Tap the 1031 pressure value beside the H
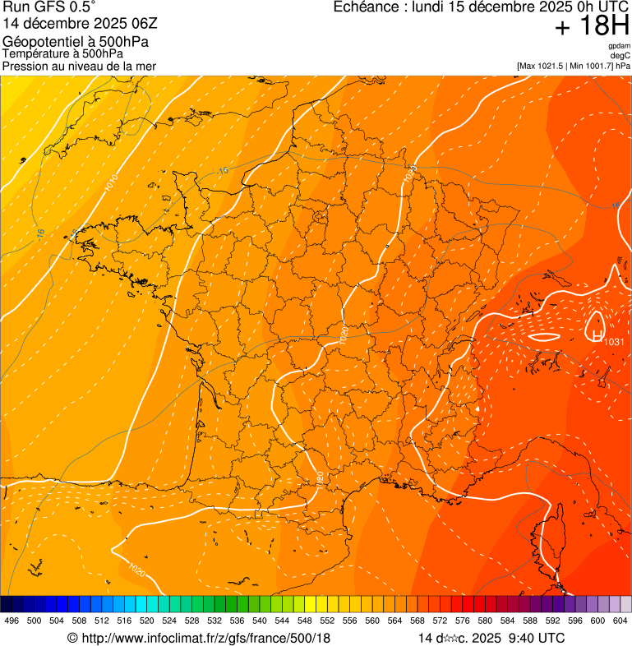click(x=616, y=342)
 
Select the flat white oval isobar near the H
click(x=543, y=336)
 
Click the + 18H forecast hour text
click(x=592, y=26)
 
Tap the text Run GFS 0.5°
click(x=48, y=7)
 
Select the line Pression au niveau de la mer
click(x=79, y=66)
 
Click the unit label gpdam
click(x=619, y=46)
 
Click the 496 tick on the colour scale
click(x=12, y=621)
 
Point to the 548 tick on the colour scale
click(x=304, y=621)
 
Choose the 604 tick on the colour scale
click(x=620, y=621)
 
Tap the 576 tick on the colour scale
click(x=462, y=621)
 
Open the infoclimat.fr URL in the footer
click(x=205, y=638)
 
